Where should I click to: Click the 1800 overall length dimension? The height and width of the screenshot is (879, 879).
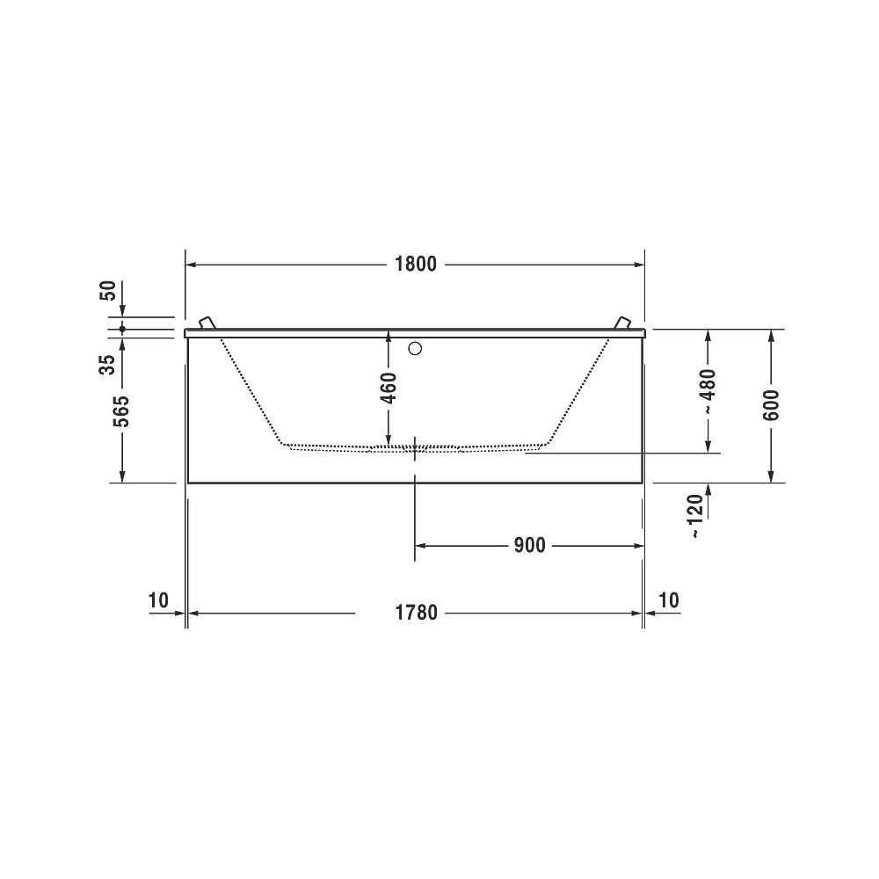click(416, 264)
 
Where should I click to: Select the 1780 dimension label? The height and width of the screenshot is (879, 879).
click(416, 612)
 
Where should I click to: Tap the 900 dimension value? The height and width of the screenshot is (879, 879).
click(530, 545)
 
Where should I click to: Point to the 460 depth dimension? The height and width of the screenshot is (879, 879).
click(388, 388)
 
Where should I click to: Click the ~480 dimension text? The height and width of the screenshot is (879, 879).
click(708, 392)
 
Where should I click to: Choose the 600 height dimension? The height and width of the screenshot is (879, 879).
click(772, 405)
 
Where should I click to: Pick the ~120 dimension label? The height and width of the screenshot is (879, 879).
click(695, 516)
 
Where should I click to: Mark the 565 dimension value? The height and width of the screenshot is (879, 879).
click(122, 411)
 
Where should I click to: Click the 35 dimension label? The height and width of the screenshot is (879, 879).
click(107, 365)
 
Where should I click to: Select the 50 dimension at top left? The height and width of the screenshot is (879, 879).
click(107, 290)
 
